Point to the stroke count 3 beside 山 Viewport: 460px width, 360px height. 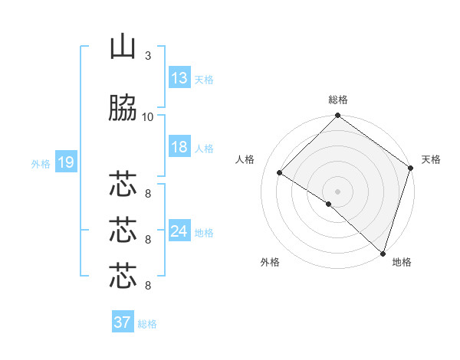pos(147,56)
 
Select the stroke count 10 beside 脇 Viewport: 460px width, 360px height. pos(147,117)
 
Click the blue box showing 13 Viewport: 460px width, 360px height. pos(179,78)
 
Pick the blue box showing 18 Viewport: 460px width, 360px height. pos(179,147)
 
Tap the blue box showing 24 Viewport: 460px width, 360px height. pos(179,231)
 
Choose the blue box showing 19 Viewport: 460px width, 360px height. pos(66,162)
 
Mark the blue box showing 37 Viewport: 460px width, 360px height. pos(123,322)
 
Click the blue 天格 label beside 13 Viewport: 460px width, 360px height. pos(204,80)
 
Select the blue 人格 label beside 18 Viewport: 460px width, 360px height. pos(204,148)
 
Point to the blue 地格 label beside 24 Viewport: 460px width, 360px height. pos(204,232)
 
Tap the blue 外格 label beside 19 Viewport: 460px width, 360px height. pos(41,163)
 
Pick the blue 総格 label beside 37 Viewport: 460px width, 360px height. pos(147,323)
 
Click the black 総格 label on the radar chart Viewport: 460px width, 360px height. pos(338,100)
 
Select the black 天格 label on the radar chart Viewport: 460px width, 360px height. pos(431,159)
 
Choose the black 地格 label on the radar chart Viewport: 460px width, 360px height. pos(402,262)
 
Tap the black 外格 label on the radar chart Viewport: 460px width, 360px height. pos(270,262)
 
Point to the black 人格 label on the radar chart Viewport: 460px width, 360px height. pos(245,159)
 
